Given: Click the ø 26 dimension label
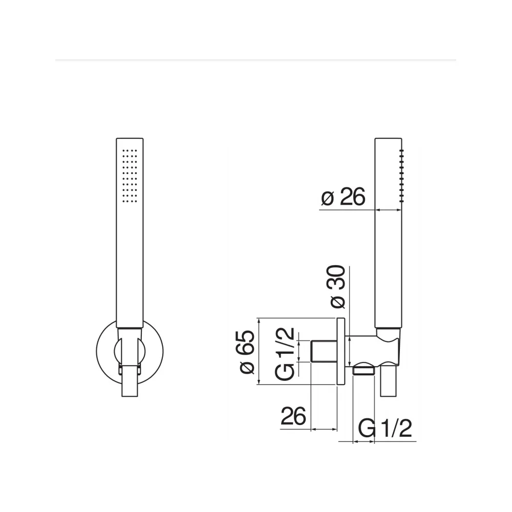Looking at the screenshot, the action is click(343, 197).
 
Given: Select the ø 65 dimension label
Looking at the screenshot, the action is click(247, 352).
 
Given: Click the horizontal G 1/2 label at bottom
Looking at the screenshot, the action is click(385, 428).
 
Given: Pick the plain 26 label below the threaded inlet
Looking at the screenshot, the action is click(293, 416).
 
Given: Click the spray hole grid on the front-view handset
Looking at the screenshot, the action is click(130, 176).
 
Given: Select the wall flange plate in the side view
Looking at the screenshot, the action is click(340, 351).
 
